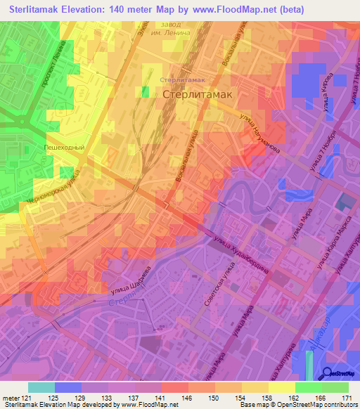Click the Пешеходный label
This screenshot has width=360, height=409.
(65, 148)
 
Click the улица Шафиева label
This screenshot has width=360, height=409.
(130, 280)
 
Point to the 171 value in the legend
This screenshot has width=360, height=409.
(346, 398)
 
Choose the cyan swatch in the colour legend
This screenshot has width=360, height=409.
(41, 387)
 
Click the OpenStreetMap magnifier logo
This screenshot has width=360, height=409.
(328, 373)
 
